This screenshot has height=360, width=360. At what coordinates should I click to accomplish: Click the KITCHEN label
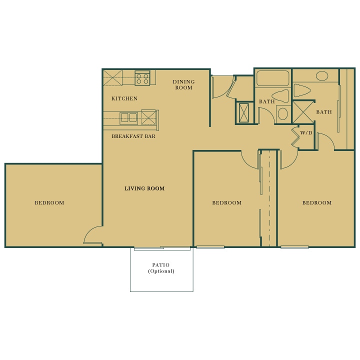(124, 98)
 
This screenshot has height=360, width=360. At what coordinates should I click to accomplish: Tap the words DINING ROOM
(183, 84)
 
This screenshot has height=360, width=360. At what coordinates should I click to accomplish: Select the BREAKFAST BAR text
(133, 136)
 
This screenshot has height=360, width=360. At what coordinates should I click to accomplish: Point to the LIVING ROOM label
(144, 188)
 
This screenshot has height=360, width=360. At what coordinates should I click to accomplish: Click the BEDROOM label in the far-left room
(49, 202)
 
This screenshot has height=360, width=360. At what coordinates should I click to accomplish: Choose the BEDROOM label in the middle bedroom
(227, 202)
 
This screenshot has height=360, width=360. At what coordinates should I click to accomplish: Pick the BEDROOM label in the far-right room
(317, 202)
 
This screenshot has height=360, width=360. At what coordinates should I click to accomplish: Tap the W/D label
(306, 133)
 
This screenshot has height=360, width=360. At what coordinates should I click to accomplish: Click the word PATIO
(161, 265)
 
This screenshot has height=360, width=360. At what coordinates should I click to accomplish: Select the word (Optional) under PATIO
(161, 271)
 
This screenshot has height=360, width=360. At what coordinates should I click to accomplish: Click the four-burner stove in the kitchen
(142, 78)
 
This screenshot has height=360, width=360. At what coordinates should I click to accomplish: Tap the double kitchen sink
(129, 118)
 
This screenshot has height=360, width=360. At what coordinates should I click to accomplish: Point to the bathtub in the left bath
(273, 78)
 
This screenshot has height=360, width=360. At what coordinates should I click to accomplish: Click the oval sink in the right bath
(322, 76)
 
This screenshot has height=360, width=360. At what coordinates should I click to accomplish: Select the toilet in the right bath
(302, 90)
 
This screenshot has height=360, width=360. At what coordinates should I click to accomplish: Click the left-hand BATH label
(266, 102)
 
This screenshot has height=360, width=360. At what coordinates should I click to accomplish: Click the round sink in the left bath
(282, 113)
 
